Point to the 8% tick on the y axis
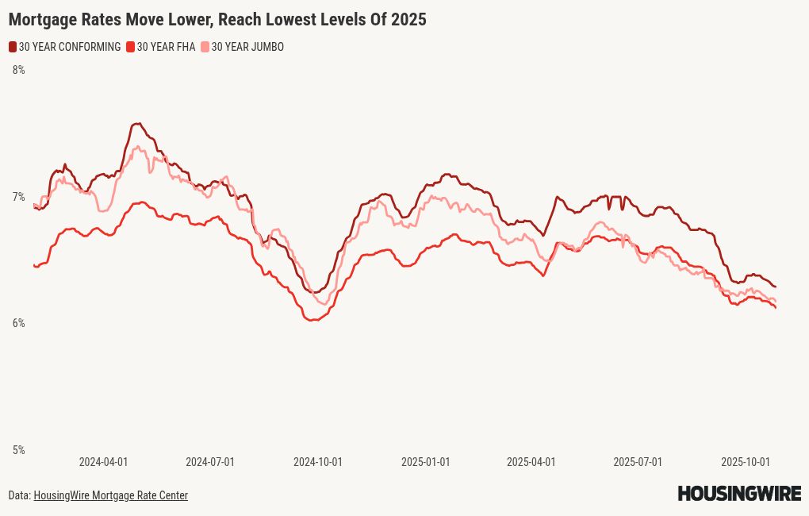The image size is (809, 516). tap(18, 70)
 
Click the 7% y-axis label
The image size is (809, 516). tap(18, 197)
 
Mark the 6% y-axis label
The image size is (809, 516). tap(18, 323)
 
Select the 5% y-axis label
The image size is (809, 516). tap(18, 450)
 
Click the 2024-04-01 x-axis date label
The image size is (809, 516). tap(103, 461)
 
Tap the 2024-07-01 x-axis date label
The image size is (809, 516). tap(210, 461)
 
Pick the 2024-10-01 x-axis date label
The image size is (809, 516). tap(318, 461)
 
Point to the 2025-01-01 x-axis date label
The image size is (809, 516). tap(425, 461)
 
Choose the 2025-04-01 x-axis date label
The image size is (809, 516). tap(531, 461)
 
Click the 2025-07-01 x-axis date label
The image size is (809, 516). tap(638, 461)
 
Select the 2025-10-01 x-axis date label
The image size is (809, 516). tap(746, 461)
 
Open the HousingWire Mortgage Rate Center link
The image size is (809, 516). tap(110, 495)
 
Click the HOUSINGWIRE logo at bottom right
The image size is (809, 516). tap(739, 494)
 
